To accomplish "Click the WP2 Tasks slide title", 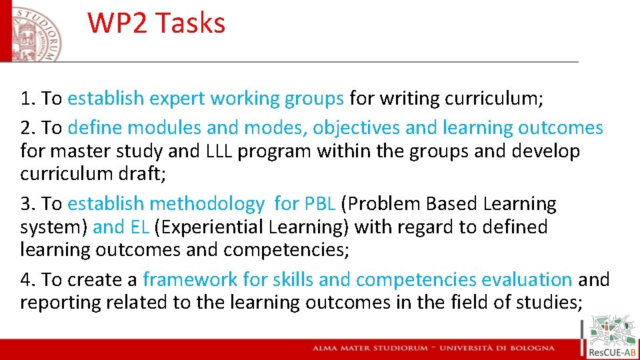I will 156,23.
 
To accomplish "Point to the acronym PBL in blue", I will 321,203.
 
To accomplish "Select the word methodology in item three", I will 207,203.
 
